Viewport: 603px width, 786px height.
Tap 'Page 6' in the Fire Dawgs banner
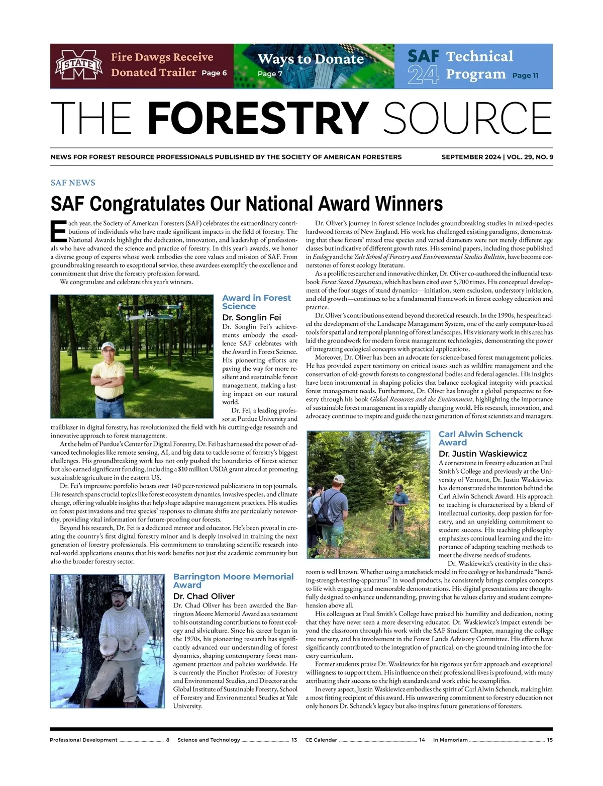coord(214,73)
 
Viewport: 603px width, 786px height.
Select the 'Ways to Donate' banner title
coord(311,59)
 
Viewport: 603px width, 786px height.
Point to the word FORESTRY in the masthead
coord(258,118)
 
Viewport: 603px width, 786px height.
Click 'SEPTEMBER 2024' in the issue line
coord(471,157)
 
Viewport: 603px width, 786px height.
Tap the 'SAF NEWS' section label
coord(73,183)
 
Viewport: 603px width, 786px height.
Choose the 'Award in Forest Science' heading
coord(256,302)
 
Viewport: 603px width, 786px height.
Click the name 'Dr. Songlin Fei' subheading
coord(251,317)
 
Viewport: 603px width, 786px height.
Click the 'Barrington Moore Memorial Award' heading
coord(233,580)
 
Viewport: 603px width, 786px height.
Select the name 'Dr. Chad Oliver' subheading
coord(204,596)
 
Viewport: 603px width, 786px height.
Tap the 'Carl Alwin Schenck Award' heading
coord(480,438)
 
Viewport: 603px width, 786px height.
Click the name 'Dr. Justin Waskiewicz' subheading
coord(482,454)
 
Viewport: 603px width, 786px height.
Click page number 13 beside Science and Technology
coord(294,740)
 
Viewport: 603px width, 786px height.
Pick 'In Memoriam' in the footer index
coord(450,740)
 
